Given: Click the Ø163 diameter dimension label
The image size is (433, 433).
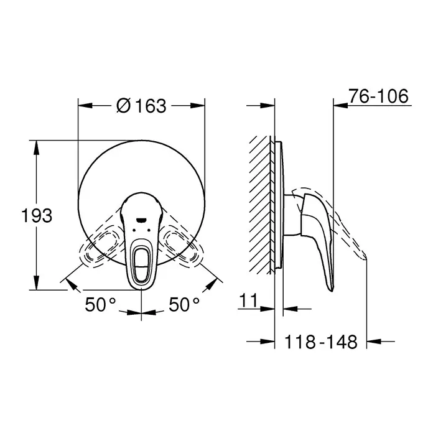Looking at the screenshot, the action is pyautogui.click(x=141, y=105).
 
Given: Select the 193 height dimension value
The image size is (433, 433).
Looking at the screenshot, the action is pyautogui.click(x=37, y=216).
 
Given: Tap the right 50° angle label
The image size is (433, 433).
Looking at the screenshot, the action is pyautogui.click(x=184, y=305).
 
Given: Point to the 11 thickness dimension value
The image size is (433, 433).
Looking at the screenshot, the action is pyautogui.click(x=248, y=300).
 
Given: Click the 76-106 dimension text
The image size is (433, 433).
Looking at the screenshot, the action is pyautogui.click(x=378, y=96).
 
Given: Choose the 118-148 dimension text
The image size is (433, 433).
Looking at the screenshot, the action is pyautogui.click(x=321, y=342).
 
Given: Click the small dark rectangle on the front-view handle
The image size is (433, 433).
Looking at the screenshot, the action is pyautogui.click(x=142, y=220).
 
